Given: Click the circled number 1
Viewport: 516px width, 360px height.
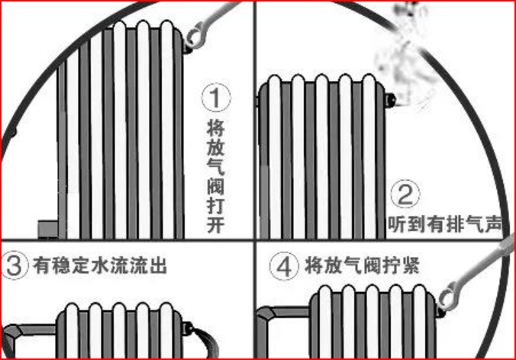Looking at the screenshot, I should pos(215,98).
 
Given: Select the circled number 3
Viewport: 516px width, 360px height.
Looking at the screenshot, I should pos(15,266).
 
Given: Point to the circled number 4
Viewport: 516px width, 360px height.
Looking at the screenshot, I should pos(283,266).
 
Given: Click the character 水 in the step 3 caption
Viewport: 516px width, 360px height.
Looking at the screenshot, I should pos(99,266).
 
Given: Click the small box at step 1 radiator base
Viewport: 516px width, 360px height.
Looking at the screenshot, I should pos(48,227).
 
